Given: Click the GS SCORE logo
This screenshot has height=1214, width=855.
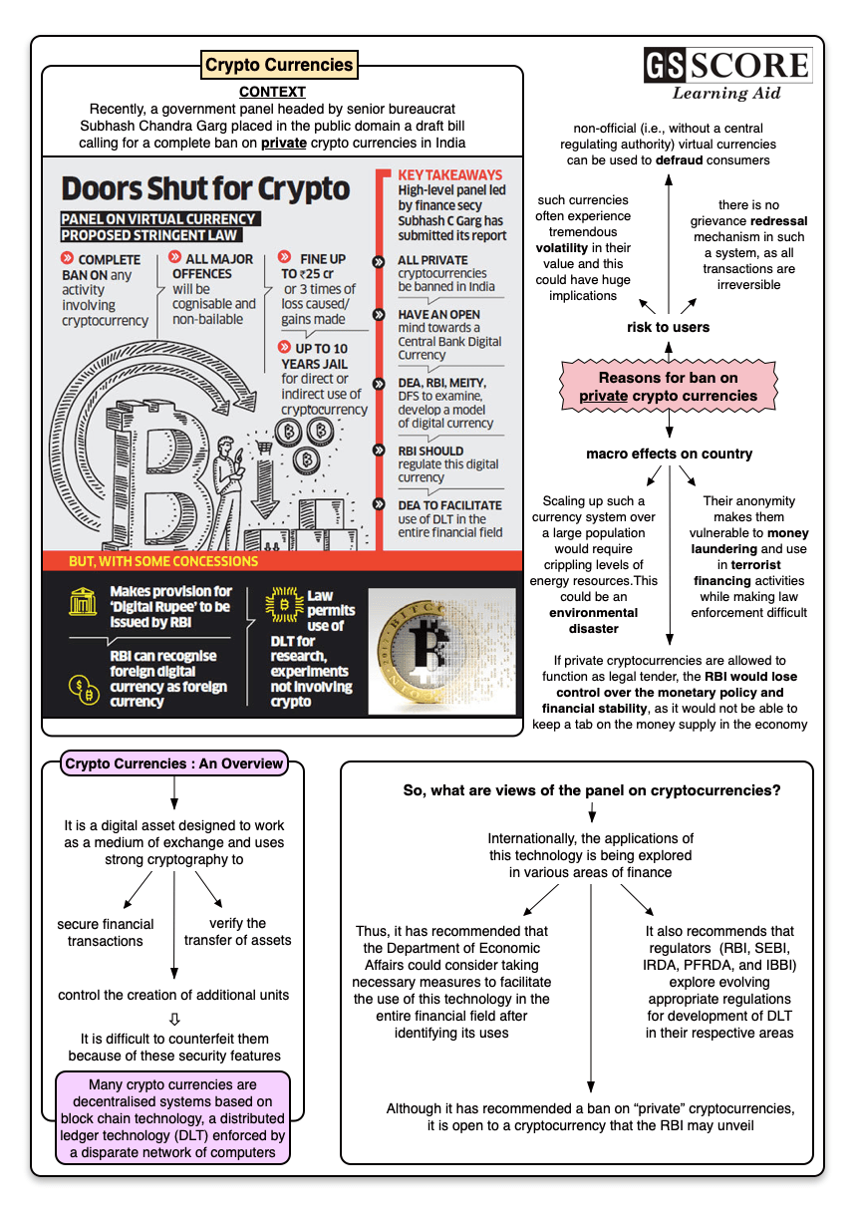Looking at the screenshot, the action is pyautogui.click(x=727, y=74).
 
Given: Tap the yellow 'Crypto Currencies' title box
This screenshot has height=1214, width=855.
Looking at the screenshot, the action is pyautogui.click(x=279, y=65).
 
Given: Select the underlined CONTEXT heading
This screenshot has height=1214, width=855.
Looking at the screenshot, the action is pyautogui.click(x=272, y=92).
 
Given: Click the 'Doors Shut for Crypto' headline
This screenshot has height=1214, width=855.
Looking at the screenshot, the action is pyautogui.click(x=205, y=188).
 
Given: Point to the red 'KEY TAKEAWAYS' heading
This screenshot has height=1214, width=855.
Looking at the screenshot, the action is pyautogui.click(x=449, y=175).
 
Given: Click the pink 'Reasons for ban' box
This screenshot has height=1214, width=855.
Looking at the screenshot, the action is pyautogui.click(x=668, y=387).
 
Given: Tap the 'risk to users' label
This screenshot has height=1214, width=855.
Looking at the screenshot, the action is pyautogui.click(x=668, y=327).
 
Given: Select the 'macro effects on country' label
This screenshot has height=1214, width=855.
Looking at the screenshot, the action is pyautogui.click(x=670, y=454).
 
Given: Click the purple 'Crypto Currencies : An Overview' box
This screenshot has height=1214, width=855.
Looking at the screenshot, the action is pyautogui.click(x=174, y=763).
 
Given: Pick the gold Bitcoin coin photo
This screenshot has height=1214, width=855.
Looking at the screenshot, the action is pyautogui.click(x=441, y=651).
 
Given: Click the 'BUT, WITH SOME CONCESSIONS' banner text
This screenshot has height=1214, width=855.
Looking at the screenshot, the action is pyautogui.click(x=163, y=561).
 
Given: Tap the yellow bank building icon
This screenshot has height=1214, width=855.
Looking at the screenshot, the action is pyautogui.click(x=83, y=601).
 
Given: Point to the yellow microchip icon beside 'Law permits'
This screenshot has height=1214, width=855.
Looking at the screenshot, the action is pyautogui.click(x=284, y=604).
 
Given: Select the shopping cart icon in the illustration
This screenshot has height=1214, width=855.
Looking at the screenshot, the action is pyautogui.click(x=264, y=448).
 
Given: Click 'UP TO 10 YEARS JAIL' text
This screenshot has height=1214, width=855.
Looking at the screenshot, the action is pyautogui.click(x=314, y=356).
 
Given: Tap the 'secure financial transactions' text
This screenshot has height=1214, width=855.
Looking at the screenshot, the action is pyautogui.click(x=105, y=932).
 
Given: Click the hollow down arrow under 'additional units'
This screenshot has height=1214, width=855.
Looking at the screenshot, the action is pyautogui.click(x=174, y=1019).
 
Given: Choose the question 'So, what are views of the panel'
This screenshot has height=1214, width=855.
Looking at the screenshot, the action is pyautogui.click(x=592, y=790).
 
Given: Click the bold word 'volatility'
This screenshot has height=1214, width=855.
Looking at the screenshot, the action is pyautogui.click(x=561, y=247).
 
